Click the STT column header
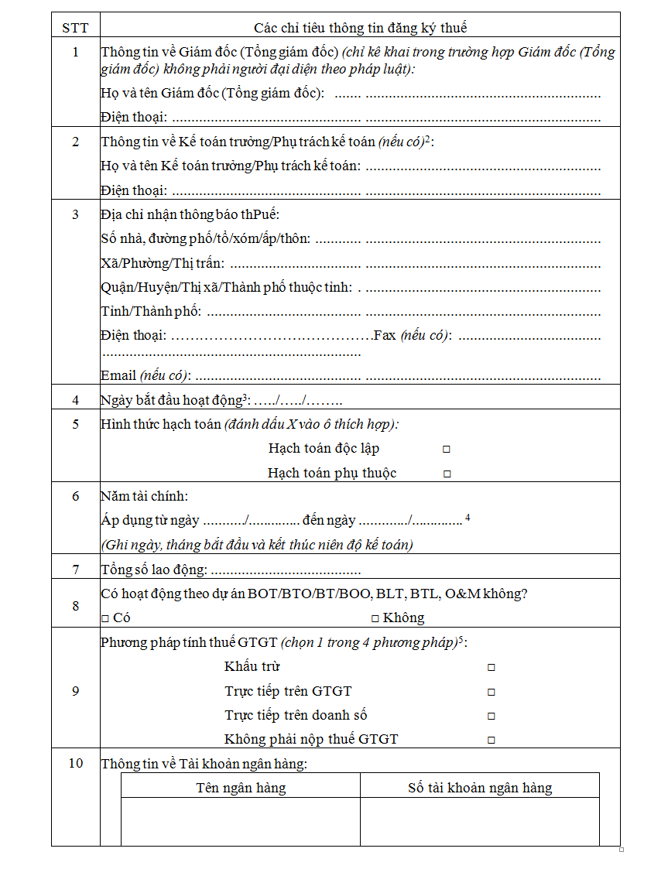coord(75,28)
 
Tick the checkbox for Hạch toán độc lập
coord(447,449)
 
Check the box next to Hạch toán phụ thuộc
coord(447,474)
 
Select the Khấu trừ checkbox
coord(491,667)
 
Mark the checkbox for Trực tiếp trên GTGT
coord(491,692)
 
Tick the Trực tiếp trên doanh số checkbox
coord(491,716)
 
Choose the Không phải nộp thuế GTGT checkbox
coord(491,740)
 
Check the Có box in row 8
coord(105,618)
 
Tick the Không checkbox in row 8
coord(375,618)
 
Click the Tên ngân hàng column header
coord(241,788)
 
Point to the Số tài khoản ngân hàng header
coord(480,788)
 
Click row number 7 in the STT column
coord(75,570)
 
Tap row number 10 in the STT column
coord(75,763)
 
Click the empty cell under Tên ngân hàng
coord(241,821)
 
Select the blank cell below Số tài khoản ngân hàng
coord(480,821)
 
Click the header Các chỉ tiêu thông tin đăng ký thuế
coord(360,28)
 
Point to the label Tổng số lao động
coord(154,570)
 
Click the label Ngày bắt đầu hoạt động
coord(172,400)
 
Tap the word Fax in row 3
coord(385,336)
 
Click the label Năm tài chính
coord(144,496)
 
